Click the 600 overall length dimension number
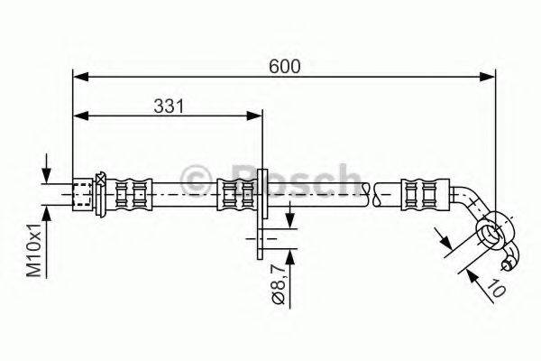tap(284, 66)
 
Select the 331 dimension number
tap(167, 106)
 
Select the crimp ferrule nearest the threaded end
tap(130, 191)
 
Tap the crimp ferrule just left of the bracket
tap(237, 191)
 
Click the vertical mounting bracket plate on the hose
tap(261, 204)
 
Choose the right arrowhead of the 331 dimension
tap(255, 116)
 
